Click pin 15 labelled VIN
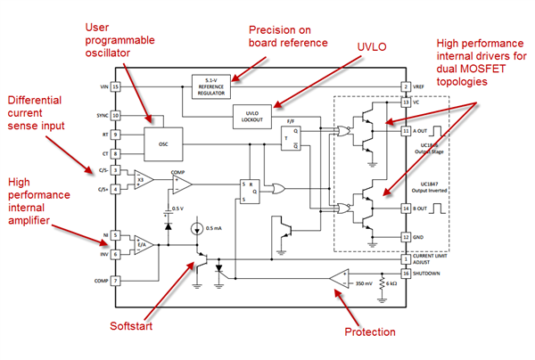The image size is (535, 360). click(x=115, y=86)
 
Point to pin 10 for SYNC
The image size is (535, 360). click(x=115, y=116)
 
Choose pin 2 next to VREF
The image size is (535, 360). click(x=405, y=86)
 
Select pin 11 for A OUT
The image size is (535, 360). click(x=405, y=130)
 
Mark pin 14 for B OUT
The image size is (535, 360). click(x=405, y=209)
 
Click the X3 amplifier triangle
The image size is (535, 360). click(x=144, y=179)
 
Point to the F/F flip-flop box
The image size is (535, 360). click(x=290, y=138)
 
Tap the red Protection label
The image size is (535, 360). click(x=370, y=331)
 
